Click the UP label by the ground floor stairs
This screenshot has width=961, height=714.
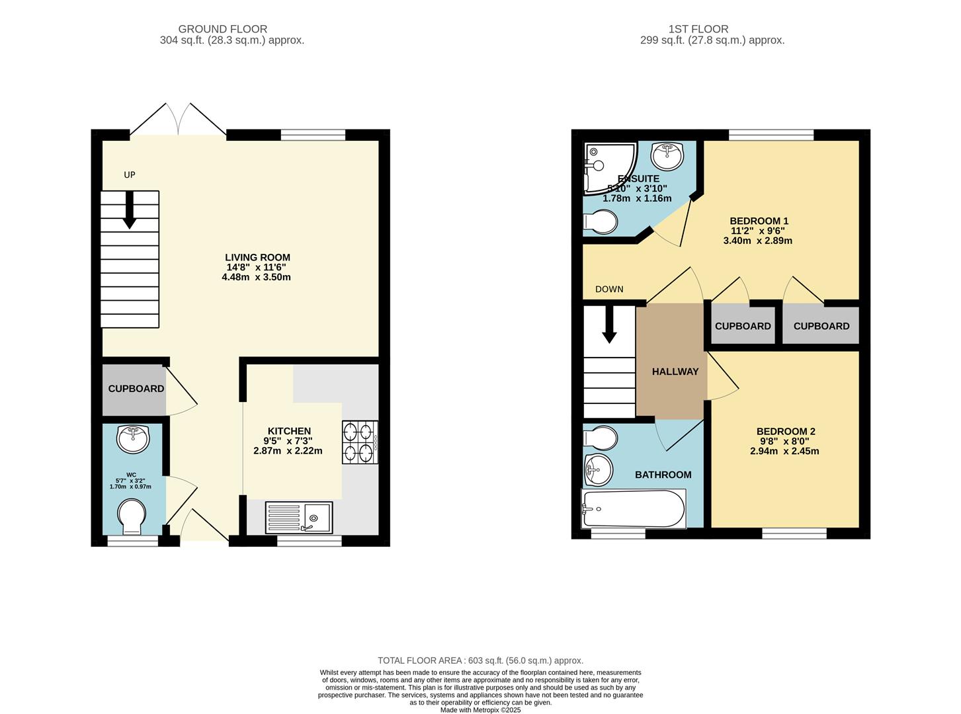tap(130, 175)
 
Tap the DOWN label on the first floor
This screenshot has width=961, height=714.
tap(608, 289)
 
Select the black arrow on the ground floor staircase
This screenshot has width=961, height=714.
tap(129, 210)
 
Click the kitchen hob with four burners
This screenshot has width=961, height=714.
tap(360, 442)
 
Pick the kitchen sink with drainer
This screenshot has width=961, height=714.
tap(299, 517)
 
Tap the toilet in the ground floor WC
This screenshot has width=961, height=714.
tap(131, 517)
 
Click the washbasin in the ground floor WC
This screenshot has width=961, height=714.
tap(133, 439)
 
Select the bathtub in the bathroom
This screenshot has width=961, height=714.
tap(634, 508)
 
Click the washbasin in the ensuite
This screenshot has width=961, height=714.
tap(667, 156)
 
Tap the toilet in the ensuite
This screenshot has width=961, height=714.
tap(601, 222)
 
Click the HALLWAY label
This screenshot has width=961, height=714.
tap(675, 372)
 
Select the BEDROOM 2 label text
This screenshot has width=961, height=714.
tap(786, 431)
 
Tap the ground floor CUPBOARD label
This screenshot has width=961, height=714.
tap(136, 389)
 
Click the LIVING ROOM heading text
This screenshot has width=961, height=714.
tap(257, 257)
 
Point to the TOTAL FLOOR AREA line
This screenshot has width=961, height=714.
tap(480, 660)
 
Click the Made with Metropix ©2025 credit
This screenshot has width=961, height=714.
tap(480, 710)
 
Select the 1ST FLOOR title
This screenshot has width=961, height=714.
tap(698, 29)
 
